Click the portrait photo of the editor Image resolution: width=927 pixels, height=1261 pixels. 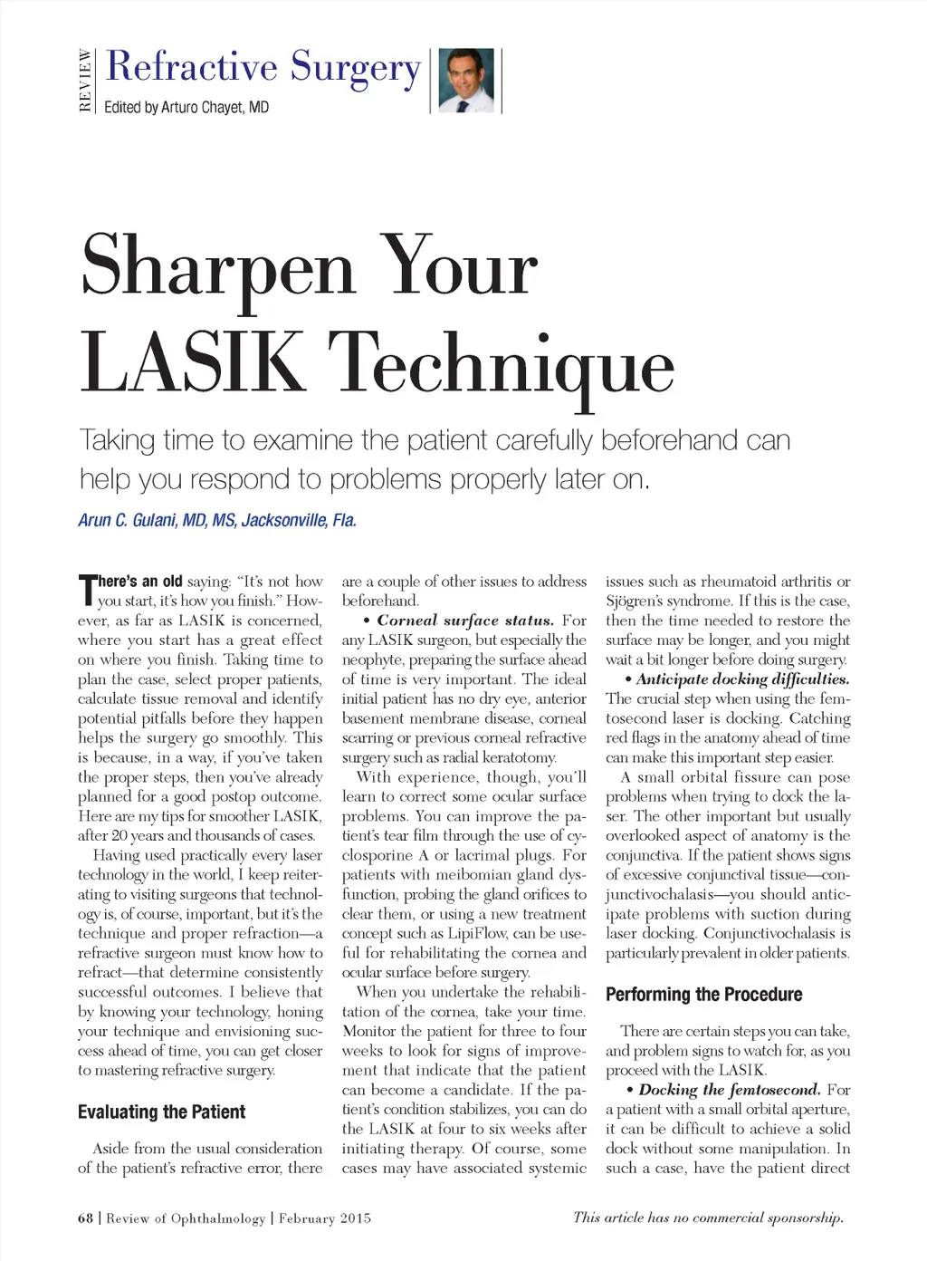(465, 81)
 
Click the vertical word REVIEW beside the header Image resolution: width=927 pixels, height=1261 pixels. (85, 81)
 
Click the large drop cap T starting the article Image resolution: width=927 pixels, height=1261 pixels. (87, 590)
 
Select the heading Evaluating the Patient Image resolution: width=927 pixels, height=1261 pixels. (161, 1112)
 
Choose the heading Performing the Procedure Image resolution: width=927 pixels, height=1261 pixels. (703, 995)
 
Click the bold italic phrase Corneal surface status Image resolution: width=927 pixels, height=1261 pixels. (465, 621)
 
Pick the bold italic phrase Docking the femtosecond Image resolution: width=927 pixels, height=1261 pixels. (730, 1090)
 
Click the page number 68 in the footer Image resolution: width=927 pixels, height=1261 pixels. (85, 1218)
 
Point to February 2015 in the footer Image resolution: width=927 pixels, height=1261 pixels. (325, 1218)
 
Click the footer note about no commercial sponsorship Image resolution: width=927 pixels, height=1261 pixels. (708, 1218)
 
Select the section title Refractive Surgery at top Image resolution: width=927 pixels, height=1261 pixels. (263, 68)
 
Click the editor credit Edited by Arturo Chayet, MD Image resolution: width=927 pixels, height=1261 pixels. (186, 108)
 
